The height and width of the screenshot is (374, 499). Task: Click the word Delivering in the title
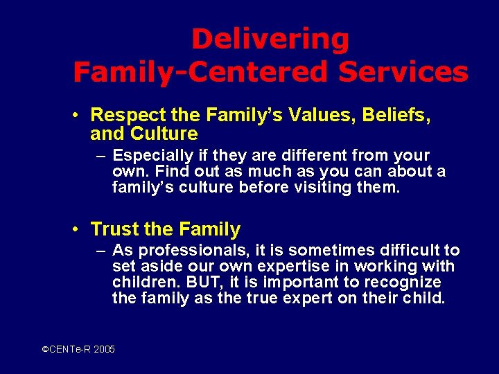click(270, 39)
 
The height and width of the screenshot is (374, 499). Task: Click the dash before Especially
click(100, 156)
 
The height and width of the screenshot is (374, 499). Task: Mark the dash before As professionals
click(100, 251)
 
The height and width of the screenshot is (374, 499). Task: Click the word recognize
click(405, 283)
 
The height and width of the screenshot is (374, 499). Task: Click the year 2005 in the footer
click(104, 350)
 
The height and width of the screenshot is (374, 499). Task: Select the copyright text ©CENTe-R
click(65, 350)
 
